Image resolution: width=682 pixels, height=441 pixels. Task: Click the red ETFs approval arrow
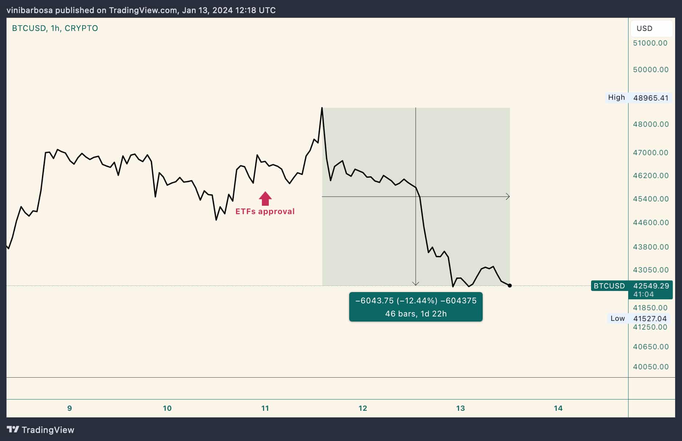[x=265, y=198]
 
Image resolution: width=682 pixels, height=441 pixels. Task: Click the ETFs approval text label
[x=265, y=212]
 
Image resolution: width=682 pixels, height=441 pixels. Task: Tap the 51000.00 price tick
[x=650, y=43]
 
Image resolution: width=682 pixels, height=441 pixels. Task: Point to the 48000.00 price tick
[x=650, y=124]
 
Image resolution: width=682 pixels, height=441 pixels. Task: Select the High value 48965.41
[x=651, y=98]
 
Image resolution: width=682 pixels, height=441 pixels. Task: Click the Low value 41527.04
[x=650, y=319]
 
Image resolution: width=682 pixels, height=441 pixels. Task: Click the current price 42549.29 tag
[x=651, y=286]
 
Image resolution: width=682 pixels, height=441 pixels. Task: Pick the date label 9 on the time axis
[x=69, y=408]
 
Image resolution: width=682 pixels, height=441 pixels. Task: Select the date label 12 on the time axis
[x=363, y=408]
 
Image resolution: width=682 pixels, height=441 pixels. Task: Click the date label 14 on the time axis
[x=558, y=408]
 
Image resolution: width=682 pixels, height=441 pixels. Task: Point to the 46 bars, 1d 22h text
[x=416, y=314]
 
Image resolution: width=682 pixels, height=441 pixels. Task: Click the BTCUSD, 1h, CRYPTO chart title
[x=55, y=28]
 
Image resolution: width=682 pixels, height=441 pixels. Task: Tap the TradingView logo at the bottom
[x=41, y=430]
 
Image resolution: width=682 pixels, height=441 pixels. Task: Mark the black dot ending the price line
[x=510, y=286]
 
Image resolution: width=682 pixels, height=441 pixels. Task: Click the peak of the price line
[x=322, y=108]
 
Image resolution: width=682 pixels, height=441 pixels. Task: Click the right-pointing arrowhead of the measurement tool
[x=508, y=197]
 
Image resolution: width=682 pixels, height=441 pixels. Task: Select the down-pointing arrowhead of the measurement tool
[x=416, y=283]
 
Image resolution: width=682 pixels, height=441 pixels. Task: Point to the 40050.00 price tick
[x=650, y=367]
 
